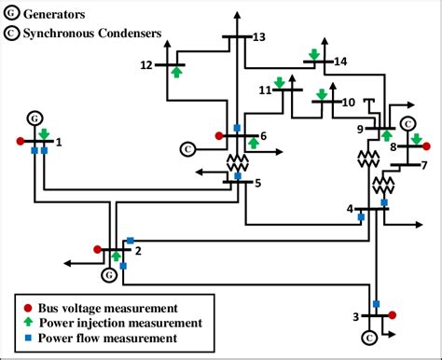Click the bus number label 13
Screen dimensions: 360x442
coord(259,36)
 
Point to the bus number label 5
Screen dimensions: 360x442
coord(258,183)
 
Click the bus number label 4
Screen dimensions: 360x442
coord(350,208)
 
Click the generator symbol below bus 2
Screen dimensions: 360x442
coord(109,275)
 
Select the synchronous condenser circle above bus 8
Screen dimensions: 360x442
coord(407,124)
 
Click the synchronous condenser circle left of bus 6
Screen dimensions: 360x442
coord(186,148)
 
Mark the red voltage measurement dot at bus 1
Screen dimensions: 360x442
coord(20,142)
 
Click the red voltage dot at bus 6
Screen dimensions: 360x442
coord(219,136)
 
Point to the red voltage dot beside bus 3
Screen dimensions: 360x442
coord(393,315)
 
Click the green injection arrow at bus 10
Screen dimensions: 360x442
coord(322,94)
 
